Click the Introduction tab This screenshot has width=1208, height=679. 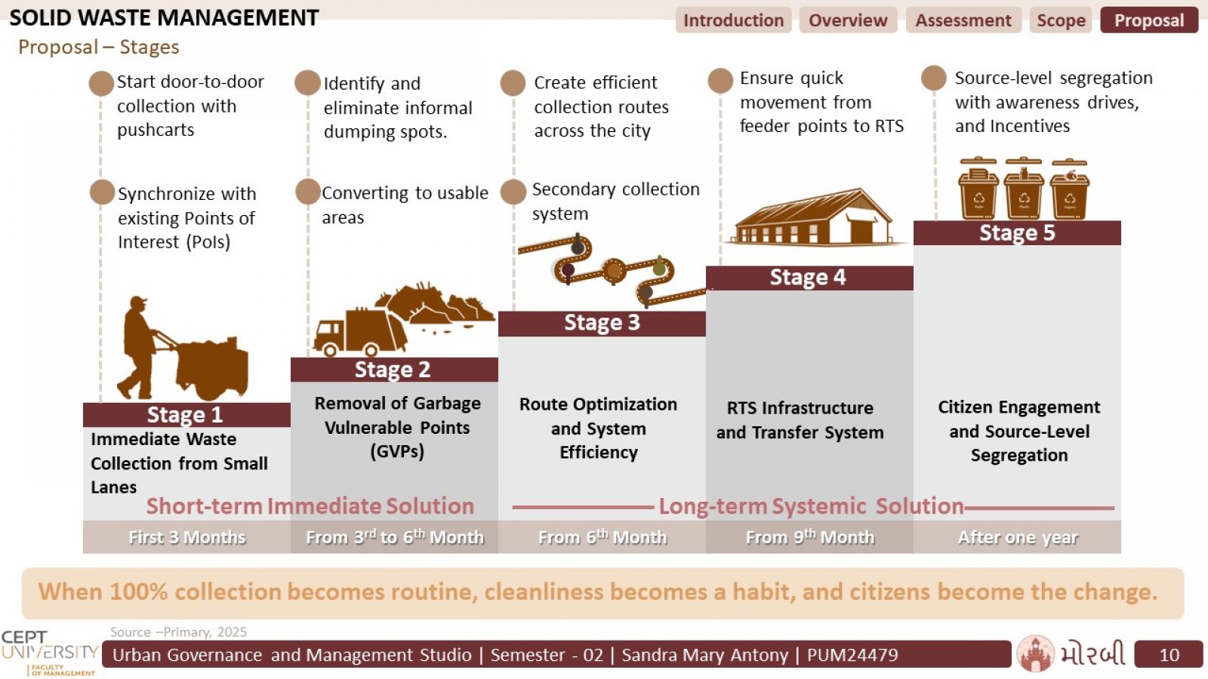733,20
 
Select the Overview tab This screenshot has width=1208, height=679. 848,20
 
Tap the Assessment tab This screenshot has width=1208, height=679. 963,20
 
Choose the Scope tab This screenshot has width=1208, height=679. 1061,20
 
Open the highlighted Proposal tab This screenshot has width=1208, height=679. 1149,20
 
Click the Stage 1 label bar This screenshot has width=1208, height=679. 186,415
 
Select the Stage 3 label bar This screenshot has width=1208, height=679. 602,324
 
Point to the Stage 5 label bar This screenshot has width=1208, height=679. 1017,233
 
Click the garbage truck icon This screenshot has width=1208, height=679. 360,333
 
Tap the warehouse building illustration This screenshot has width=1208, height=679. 812,217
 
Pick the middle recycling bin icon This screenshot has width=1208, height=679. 1024,189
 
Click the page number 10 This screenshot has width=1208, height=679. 1169,655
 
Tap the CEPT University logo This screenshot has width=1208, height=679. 50,653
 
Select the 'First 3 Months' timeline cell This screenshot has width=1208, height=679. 186,537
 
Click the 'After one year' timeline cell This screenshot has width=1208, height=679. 1017,537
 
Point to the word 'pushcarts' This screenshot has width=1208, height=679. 156,131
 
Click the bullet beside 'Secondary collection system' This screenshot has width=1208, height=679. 513,192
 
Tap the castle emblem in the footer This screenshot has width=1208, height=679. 1035,653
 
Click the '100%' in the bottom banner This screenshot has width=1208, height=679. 139,591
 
